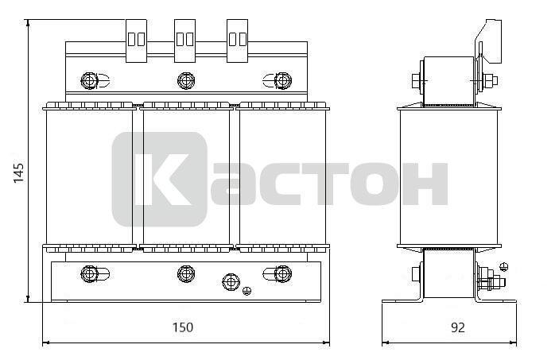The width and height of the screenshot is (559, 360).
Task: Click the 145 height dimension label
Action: point(18,173)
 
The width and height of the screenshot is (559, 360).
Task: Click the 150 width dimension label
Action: point(183,327)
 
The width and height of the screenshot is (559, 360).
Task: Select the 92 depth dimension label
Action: point(458,327)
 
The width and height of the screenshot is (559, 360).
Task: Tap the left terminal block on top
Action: point(136,41)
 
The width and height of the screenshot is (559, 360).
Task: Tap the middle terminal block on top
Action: point(184,41)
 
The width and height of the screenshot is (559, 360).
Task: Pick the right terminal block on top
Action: point(238,41)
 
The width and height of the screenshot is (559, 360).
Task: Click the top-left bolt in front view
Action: point(89,81)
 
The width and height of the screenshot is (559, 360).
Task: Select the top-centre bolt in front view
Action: point(186,81)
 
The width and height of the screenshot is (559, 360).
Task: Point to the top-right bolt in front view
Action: point(283,81)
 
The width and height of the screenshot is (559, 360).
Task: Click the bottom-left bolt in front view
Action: point(89,274)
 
